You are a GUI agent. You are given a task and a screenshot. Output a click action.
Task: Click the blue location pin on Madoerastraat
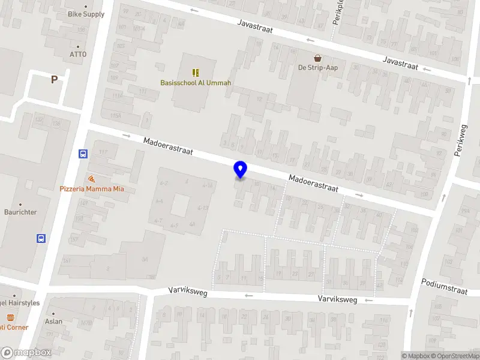(241, 169)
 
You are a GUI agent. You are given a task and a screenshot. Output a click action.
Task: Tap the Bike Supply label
(86, 14)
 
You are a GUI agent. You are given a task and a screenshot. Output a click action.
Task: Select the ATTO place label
(78, 55)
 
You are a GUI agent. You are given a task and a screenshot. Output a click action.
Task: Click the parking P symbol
(54, 79)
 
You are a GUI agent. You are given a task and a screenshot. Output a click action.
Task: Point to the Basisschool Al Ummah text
(196, 83)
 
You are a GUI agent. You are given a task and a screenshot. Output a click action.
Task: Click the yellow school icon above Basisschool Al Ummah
(196, 72)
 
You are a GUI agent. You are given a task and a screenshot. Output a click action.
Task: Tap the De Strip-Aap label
(318, 68)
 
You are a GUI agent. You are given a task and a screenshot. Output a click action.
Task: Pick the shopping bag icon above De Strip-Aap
(317, 58)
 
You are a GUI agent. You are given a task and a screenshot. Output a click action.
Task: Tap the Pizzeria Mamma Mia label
(92, 189)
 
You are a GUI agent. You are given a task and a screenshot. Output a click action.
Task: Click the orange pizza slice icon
(91, 179)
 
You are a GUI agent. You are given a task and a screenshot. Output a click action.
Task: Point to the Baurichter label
(20, 212)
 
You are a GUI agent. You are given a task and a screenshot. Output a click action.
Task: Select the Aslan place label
(53, 322)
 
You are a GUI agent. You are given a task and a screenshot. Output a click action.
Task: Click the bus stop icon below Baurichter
(41, 238)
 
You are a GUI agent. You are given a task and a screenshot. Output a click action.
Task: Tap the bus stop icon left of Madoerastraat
(83, 154)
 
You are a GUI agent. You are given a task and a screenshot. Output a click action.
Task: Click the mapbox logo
(26, 353)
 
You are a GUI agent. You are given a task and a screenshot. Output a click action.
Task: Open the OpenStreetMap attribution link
(455, 356)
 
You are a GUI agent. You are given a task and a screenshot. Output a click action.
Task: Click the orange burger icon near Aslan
(10, 317)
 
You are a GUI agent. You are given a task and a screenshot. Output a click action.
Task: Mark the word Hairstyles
(23, 303)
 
